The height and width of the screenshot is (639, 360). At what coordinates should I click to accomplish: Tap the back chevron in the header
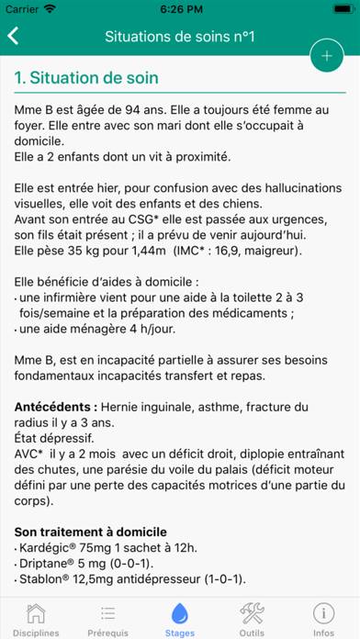click(13, 37)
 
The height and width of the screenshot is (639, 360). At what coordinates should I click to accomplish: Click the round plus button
click(326, 56)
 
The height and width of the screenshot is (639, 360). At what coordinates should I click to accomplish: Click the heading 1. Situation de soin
click(86, 79)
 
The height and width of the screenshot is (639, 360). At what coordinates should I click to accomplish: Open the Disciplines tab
click(36, 619)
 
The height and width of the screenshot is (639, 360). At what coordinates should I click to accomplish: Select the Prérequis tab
click(107, 619)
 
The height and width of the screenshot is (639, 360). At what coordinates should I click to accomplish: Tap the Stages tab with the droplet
click(180, 619)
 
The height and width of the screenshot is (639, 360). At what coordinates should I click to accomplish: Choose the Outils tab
click(252, 619)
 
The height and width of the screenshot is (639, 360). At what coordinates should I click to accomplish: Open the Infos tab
click(323, 619)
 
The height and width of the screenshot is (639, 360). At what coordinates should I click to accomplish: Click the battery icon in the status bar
click(335, 9)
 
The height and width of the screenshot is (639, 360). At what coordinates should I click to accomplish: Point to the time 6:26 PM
click(180, 9)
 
